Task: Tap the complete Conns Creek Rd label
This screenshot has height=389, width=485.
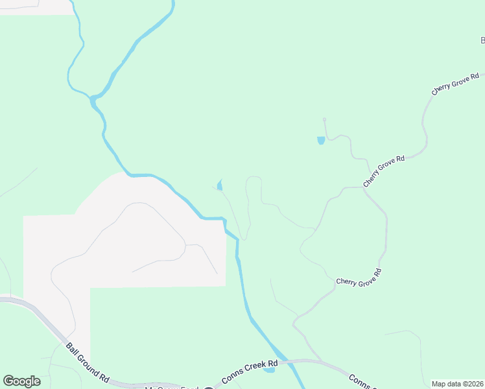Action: (250, 371)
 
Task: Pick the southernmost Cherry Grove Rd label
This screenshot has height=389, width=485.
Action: (359, 277)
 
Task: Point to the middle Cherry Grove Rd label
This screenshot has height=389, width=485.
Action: (384, 171)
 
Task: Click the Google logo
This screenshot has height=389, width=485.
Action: (21, 381)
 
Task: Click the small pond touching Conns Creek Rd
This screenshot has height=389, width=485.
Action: (269, 370)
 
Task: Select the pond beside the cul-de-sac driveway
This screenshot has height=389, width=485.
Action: (320, 140)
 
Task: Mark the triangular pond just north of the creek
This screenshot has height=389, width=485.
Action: (220, 186)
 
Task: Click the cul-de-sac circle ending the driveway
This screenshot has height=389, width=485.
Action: (324, 119)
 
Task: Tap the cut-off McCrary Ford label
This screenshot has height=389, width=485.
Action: (171, 388)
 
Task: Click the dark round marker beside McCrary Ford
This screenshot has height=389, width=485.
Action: (208, 388)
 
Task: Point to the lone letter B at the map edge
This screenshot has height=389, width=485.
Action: (482, 40)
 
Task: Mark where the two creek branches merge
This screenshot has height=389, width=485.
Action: (94, 99)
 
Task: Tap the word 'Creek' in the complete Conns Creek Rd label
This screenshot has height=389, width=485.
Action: (258, 368)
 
